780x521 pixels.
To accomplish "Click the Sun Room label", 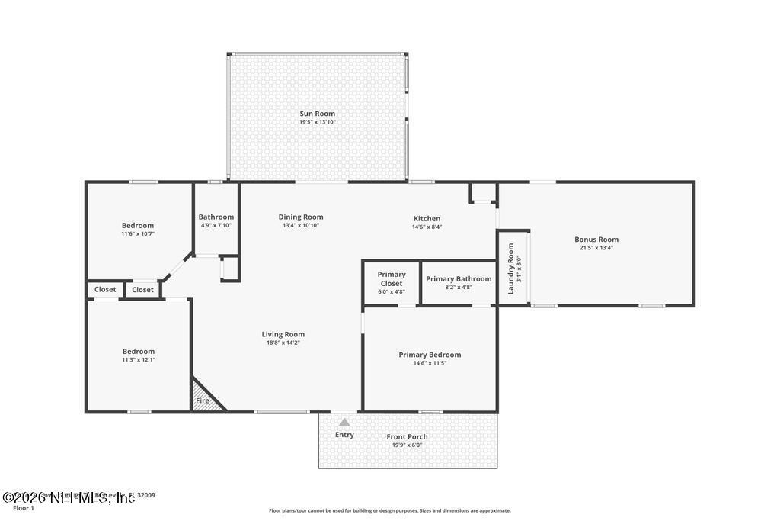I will click(317, 114).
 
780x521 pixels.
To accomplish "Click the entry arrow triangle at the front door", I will click(344, 422).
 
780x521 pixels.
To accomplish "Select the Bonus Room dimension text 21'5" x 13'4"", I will click(596, 248).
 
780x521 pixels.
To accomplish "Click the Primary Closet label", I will click(392, 278).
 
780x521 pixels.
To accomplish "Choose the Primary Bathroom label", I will click(459, 279).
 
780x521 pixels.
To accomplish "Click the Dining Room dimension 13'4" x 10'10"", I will click(301, 226).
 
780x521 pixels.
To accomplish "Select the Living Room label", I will click(283, 334).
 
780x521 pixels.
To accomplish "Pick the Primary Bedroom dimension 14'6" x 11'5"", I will click(430, 363).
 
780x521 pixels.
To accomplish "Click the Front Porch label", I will click(407, 437).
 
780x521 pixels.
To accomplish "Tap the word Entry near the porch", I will click(344, 435).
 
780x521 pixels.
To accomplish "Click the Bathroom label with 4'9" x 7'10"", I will click(216, 217).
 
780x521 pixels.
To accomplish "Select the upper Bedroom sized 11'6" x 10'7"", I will click(138, 225).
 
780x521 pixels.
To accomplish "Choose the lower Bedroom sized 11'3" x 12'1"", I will click(139, 352).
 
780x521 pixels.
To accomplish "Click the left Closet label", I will click(105, 290).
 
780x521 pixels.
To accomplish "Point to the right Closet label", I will click(142, 290).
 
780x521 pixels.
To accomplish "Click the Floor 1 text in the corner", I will click(24, 508).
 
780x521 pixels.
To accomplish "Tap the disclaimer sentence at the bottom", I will click(389, 510).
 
